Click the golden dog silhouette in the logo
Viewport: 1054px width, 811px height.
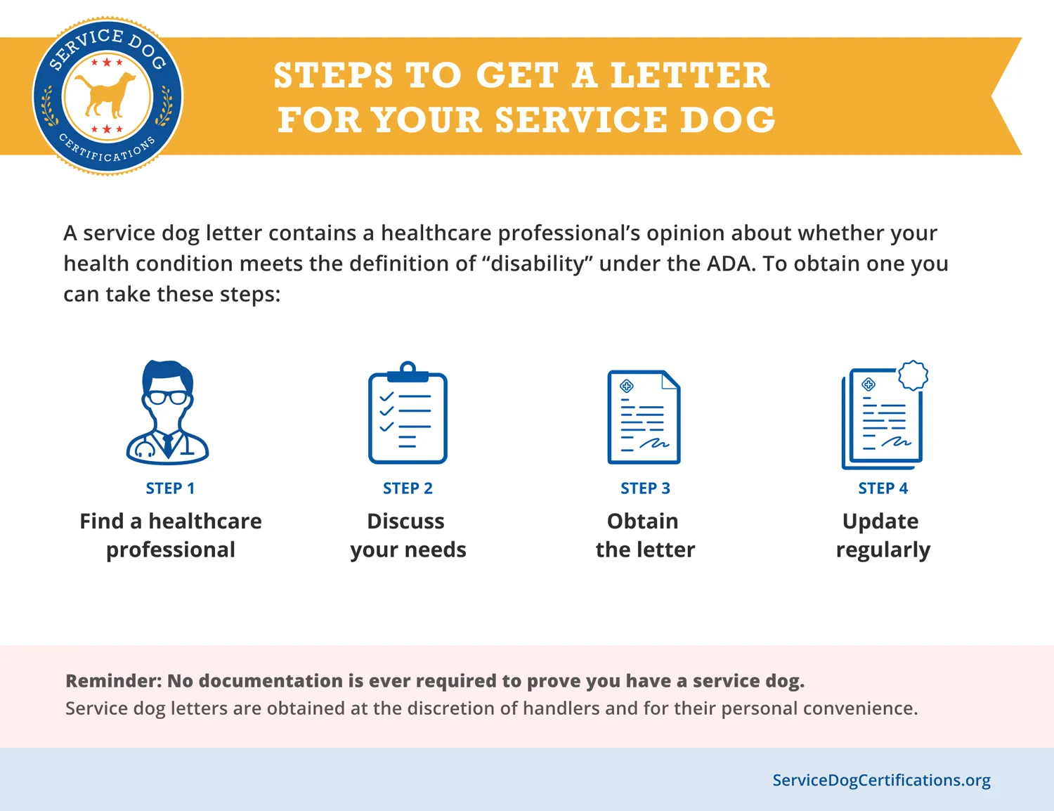click(x=105, y=96)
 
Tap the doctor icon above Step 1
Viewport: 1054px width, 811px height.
click(x=167, y=413)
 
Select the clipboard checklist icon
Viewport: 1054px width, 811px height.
click(x=408, y=413)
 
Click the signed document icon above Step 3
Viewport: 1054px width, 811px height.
click(x=644, y=417)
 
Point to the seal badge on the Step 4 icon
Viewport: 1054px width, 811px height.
click(x=913, y=375)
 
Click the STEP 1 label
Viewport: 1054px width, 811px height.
click(x=170, y=488)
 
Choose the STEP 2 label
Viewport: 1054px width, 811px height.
click(x=408, y=488)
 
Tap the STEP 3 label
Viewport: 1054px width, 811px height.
click(x=645, y=488)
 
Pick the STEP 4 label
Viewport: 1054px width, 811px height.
click(x=883, y=488)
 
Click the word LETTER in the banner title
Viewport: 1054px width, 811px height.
click(x=690, y=75)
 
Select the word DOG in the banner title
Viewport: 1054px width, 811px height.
click(x=727, y=119)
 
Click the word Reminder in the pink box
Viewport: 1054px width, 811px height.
click(x=114, y=680)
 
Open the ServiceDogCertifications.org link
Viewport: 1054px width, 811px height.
click(x=881, y=780)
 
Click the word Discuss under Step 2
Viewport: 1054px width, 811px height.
click(x=405, y=521)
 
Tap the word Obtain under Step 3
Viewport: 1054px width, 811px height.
click(x=643, y=521)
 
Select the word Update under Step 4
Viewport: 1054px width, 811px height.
click(x=880, y=521)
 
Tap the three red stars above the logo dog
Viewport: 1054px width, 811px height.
click(x=107, y=62)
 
